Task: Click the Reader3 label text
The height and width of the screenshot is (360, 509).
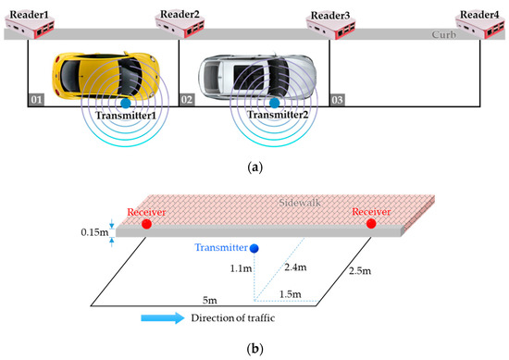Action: click(330, 16)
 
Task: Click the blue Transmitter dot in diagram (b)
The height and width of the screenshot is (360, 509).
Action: click(254, 248)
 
